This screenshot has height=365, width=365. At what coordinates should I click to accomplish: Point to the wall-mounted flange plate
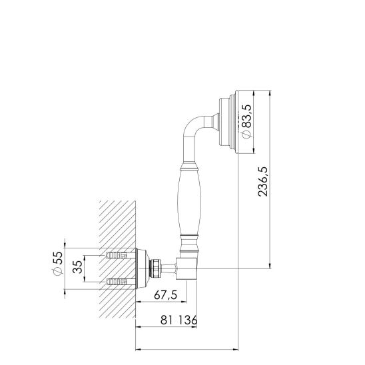coord(141,268)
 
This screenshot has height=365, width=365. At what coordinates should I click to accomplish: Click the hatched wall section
coord(117,220)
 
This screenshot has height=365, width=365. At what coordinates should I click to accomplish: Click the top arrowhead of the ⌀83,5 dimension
coord(252,93)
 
